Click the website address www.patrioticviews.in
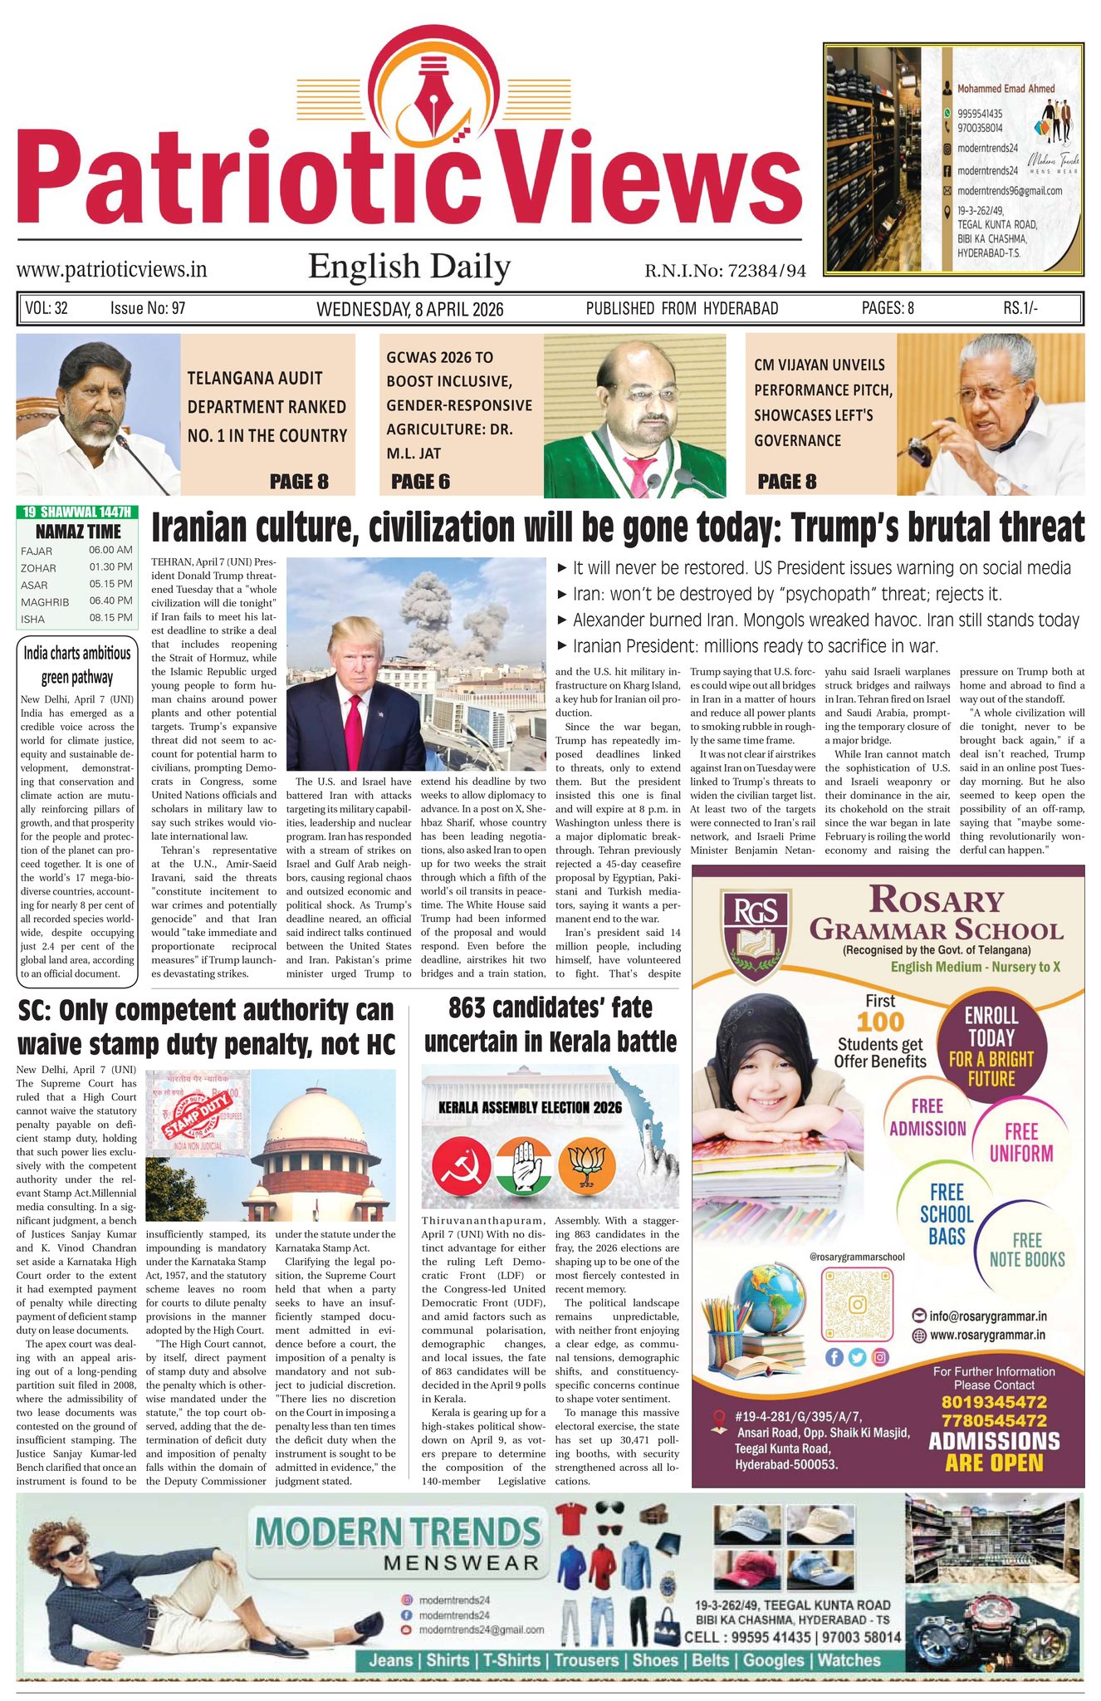pyautogui.click(x=111, y=269)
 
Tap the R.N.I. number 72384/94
pyautogui.click(x=725, y=271)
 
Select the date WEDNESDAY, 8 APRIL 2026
pyautogui.click(x=410, y=309)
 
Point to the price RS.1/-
pyautogui.click(x=1020, y=308)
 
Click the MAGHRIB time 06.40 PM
pyautogui.click(x=110, y=600)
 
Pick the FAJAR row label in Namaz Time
pyautogui.click(x=37, y=551)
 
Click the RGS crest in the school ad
pyautogui.click(x=754, y=929)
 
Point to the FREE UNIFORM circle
pyautogui.click(x=1021, y=1143)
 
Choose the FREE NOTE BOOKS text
pyautogui.click(x=1026, y=1250)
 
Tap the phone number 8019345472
pyautogui.click(x=993, y=1402)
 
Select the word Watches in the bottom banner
pyautogui.click(x=849, y=1660)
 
